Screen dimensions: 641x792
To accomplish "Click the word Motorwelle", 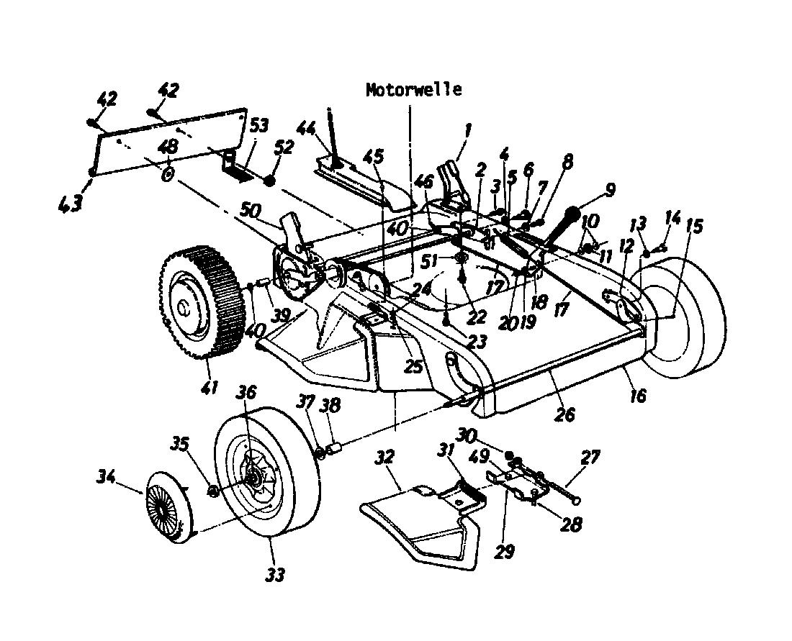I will click(x=413, y=90).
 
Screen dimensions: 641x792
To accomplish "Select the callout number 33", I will click(x=274, y=574).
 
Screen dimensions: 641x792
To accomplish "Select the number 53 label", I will click(x=258, y=126).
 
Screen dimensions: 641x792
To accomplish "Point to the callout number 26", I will click(x=566, y=414).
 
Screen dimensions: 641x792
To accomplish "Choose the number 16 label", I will click(x=637, y=394).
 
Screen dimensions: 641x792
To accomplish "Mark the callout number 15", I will click(x=693, y=225).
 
